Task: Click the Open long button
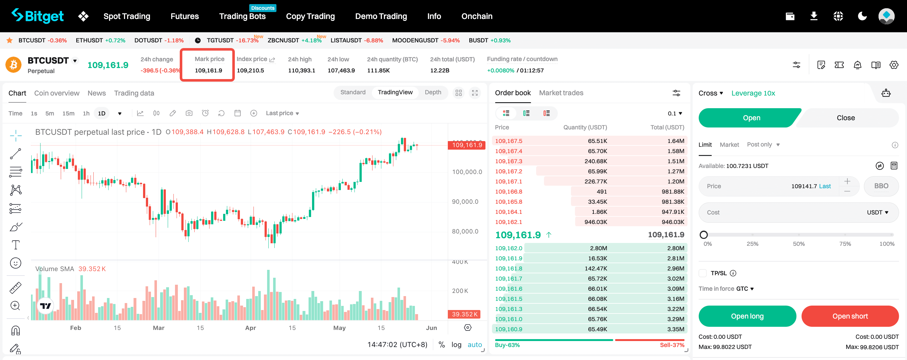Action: point(747,316)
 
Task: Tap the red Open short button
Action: point(850,316)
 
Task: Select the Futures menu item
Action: point(185,16)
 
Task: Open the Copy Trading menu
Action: point(310,16)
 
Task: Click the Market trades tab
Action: point(561,93)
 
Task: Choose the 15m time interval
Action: point(68,113)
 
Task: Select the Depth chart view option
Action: point(433,92)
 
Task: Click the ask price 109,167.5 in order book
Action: point(509,141)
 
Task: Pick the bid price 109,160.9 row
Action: point(509,329)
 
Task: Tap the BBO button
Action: point(881,186)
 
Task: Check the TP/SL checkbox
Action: point(703,273)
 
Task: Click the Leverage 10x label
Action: point(753,93)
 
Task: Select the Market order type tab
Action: point(729,145)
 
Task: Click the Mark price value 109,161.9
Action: point(209,70)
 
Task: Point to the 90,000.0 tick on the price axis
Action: point(465,202)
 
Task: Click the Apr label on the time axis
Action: point(250,328)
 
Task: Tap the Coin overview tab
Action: point(57,93)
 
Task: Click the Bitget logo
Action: point(38,16)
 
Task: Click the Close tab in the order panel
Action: point(845,118)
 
